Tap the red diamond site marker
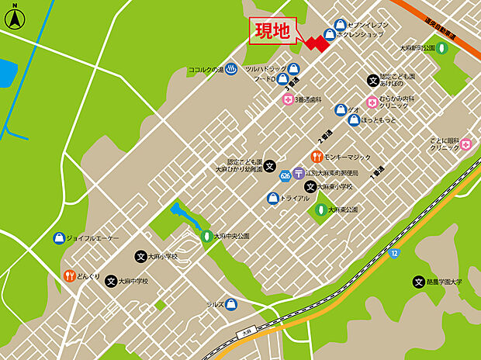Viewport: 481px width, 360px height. point(316,43)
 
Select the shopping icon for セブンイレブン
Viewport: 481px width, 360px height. point(341,24)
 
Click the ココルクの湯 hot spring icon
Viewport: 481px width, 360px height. point(231,69)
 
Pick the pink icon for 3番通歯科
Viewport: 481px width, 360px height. point(288,100)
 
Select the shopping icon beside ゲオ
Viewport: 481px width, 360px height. point(340,109)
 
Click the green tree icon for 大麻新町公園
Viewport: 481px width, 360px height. point(441,48)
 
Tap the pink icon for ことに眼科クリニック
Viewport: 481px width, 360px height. point(465,144)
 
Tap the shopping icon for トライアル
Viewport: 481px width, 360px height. point(273,198)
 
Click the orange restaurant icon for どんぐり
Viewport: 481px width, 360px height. point(69,275)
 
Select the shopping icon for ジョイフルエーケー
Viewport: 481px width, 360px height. point(58,238)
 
